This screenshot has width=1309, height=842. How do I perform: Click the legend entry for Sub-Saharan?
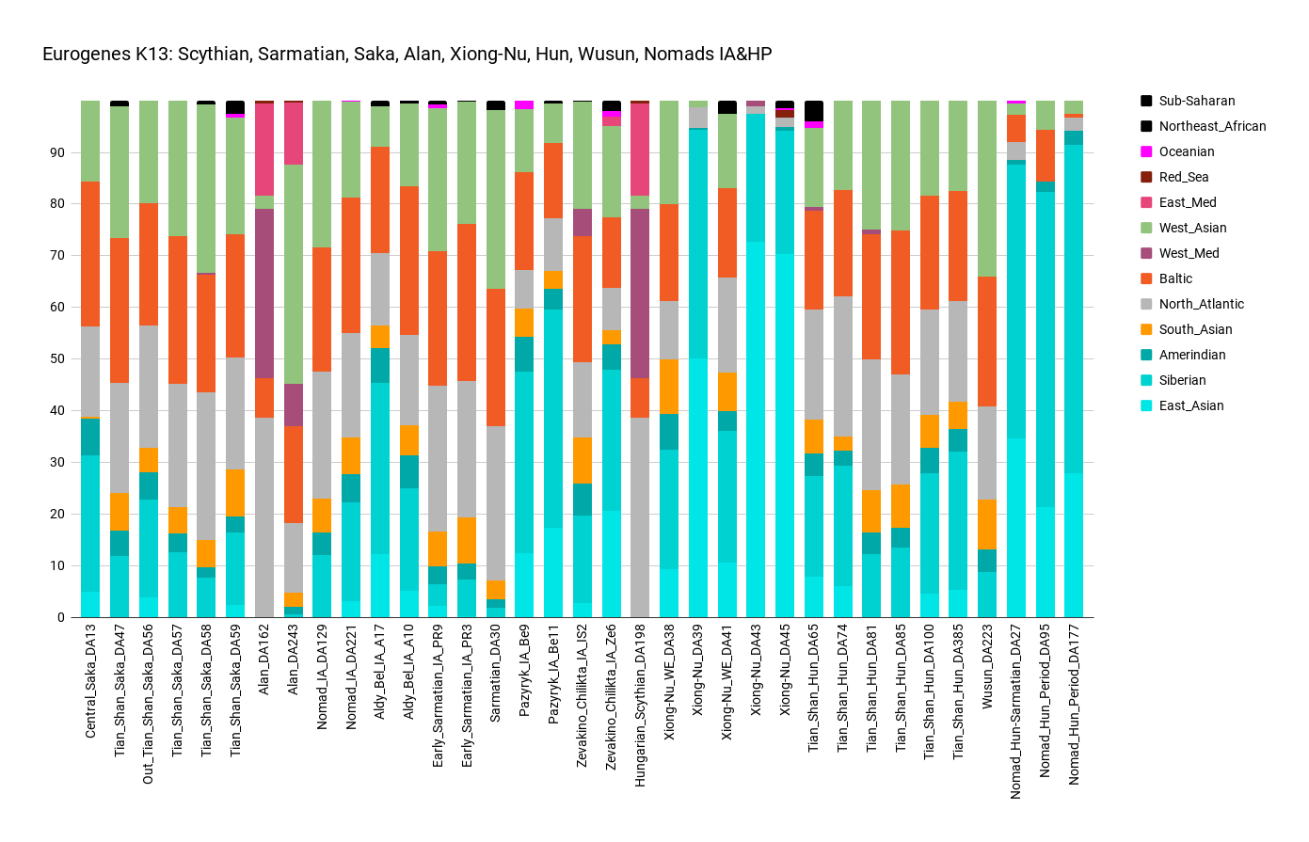click(x=1196, y=101)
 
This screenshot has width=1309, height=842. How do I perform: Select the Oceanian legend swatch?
click(x=1146, y=151)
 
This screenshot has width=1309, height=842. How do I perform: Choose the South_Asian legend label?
click(x=1195, y=329)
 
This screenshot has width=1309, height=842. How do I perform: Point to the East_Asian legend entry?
click(x=1191, y=405)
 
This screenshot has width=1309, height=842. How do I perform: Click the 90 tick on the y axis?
click(x=57, y=152)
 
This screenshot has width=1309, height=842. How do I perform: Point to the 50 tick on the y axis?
click(x=57, y=359)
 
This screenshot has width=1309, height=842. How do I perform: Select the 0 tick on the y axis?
click(x=61, y=618)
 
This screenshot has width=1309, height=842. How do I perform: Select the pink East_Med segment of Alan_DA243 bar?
click(x=294, y=133)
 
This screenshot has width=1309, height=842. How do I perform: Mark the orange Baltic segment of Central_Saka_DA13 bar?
click(x=90, y=254)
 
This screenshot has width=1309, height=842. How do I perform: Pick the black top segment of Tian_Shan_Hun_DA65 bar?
click(x=814, y=110)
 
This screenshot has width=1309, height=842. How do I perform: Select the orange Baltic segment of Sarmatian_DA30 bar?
click(x=496, y=357)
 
